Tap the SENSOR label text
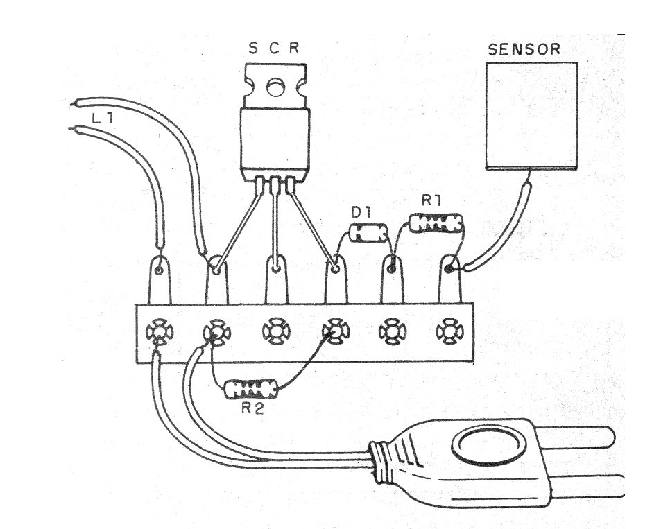click(x=524, y=50)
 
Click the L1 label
click(x=102, y=119)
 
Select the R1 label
click(x=433, y=202)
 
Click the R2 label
click(x=253, y=408)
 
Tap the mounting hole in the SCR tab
click(x=275, y=87)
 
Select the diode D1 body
click(x=368, y=234)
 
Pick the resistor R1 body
click(x=436, y=223)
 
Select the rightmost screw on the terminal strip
click(x=449, y=331)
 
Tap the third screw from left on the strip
click(x=275, y=331)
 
